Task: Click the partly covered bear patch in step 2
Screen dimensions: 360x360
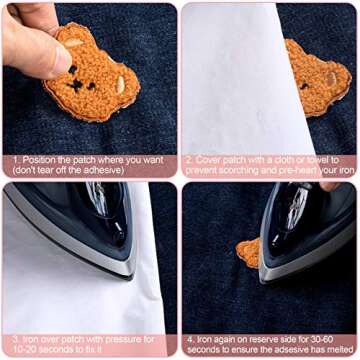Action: (318, 78)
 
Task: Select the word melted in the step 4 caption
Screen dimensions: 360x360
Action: (337, 349)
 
